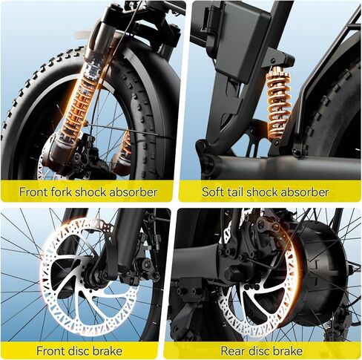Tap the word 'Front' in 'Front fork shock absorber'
[x=33, y=192]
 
